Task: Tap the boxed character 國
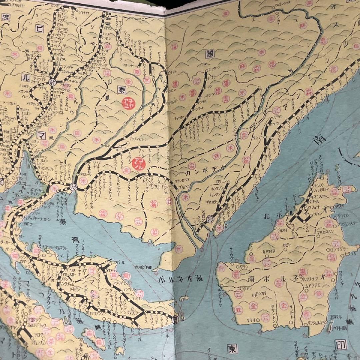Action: [x=210, y=55]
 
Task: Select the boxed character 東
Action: [x=232, y=348]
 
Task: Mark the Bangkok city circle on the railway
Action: [x=73, y=188]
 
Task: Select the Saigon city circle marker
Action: [x=210, y=219]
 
